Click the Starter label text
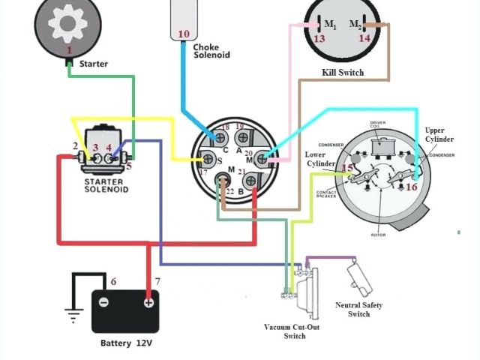[x=93, y=64]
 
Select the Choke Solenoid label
[x=211, y=51]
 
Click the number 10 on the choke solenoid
[x=183, y=34]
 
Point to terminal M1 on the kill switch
[x=319, y=25]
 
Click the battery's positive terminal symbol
[x=148, y=302]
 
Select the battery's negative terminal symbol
[x=104, y=302]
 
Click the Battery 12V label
[x=126, y=343]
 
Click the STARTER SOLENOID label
[x=106, y=185]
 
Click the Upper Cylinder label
[x=439, y=135]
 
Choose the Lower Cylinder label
[x=320, y=159]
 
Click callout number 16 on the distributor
[x=411, y=187]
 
